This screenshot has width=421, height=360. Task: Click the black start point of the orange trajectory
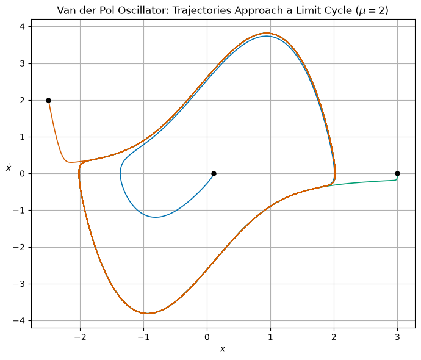click(48, 101)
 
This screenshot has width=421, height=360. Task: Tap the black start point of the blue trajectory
click(214, 174)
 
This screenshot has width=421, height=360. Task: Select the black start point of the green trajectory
click(397, 174)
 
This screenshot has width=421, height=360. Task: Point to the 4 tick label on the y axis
click(22, 27)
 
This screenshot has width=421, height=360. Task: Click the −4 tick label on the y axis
click(19, 320)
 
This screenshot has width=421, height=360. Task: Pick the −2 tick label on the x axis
click(80, 337)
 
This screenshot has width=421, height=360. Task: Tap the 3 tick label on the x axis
click(397, 337)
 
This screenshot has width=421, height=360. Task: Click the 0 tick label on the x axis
click(207, 337)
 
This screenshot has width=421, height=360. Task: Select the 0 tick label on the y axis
click(22, 174)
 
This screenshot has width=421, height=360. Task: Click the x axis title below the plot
click(223, 349)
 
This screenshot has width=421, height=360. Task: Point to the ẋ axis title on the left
click(9, 168)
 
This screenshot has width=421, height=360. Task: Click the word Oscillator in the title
click(143, 10)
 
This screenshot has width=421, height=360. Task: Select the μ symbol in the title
click(361, 11)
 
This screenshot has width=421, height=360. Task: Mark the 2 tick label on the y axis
click(22, 101)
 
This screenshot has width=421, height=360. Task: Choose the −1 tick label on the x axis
click(143, 337)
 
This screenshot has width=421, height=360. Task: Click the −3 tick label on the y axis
click(19, 284)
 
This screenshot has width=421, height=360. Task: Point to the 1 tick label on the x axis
click(270, 337)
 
